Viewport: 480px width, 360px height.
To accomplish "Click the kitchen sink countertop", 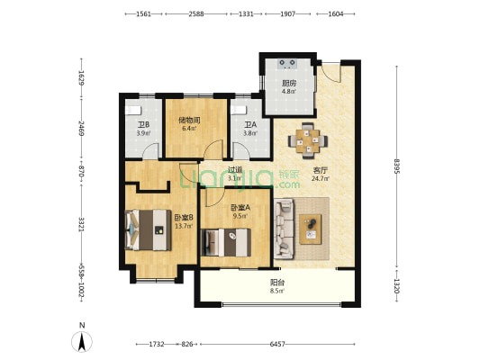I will [288, 64].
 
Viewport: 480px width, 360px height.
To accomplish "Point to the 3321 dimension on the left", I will [80, 224].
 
